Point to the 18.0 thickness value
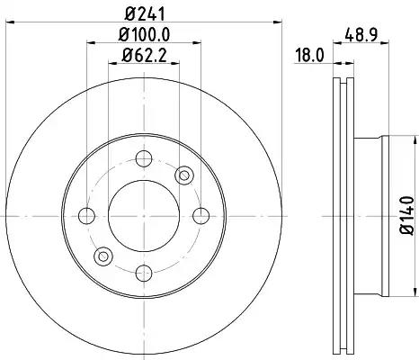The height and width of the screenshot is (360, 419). click(309, 56)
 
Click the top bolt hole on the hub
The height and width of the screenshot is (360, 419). click(142, 159)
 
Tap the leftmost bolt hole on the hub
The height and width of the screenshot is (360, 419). click(86, 215)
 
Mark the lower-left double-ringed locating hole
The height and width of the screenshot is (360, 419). click(103, 256)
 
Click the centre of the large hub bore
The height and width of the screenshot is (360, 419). click(142, 215)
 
